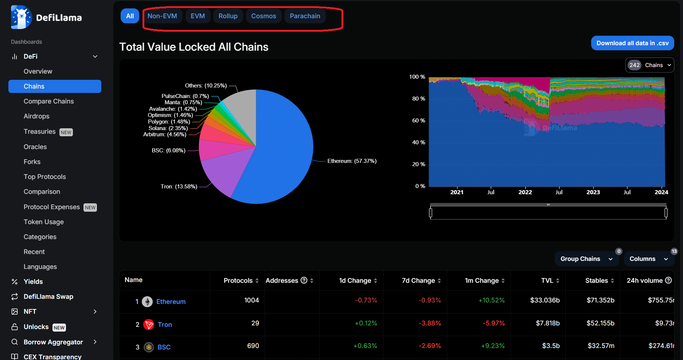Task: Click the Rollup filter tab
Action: tap(228, 16)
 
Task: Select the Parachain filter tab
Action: tap(305, 16)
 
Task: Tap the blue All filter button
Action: tap(130, 16)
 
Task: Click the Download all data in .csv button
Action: tap(632, 43)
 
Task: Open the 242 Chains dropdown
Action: tap(649, 65)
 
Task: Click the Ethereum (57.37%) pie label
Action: tap(352, 161)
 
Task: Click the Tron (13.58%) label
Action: tap(179, 187)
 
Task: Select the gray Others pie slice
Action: tap(242, 106)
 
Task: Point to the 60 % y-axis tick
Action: tap(418, 121)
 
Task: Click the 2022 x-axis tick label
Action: tap(525, 192)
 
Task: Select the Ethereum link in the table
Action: tap(171, 302)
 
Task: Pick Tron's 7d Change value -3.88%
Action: tap(430, 323)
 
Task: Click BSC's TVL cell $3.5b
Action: tap(550, 346)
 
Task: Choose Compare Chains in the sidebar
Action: tap(48, 101)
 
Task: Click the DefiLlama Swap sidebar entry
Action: tap(48, 297)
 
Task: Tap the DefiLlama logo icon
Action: tap(21, 17)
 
